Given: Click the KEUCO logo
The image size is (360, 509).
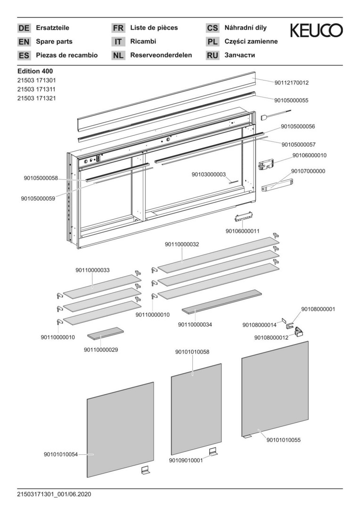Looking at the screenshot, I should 316,31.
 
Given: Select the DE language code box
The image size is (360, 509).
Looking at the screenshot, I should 24,28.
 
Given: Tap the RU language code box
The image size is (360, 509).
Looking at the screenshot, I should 213,56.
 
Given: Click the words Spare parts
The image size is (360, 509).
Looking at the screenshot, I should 54,41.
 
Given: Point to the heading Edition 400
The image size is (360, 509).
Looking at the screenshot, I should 35,71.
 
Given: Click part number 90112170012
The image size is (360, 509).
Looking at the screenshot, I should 292,83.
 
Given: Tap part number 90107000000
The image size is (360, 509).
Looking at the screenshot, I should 308,171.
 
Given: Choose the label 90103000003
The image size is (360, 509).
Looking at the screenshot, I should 209,174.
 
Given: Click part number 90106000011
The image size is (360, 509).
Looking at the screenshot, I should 243,231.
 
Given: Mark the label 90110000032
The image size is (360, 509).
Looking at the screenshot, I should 182,245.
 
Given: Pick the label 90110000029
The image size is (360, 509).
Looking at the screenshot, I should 101,349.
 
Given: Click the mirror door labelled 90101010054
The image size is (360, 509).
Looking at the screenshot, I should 120,429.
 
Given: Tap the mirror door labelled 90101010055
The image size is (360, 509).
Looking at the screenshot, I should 275,389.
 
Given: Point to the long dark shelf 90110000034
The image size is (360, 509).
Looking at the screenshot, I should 221,302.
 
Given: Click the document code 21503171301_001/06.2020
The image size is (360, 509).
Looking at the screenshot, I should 54,494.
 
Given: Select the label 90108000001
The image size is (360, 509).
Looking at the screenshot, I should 318,309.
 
